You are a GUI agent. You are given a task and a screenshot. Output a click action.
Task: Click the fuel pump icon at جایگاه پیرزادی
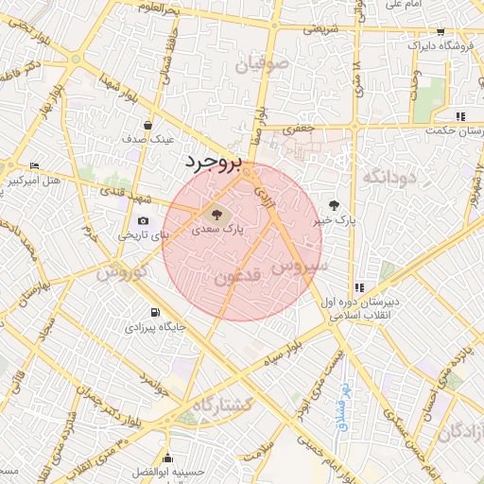(x=154, y=313)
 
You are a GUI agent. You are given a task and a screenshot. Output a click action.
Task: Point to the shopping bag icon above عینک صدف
(x=147, y=125)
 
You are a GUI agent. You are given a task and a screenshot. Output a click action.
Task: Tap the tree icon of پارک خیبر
(x=334, y=204)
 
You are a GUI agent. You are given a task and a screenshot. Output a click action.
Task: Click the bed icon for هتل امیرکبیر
(x=35, y=165)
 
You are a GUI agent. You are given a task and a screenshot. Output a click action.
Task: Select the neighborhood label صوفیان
(x=266, y=66)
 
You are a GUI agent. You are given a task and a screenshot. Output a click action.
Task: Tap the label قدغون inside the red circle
(x=233, y=278)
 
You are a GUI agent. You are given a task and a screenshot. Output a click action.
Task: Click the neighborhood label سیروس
(x=304, y=268)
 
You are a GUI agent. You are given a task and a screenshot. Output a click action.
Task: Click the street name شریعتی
(x=320, y=29)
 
